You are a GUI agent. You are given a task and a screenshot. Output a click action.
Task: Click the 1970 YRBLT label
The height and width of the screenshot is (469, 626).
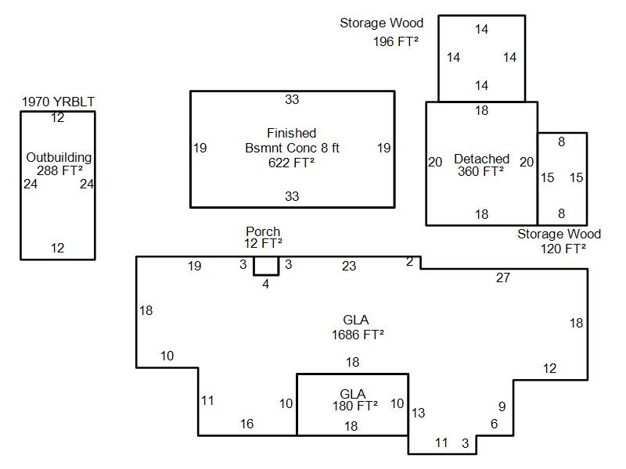pos(58,102)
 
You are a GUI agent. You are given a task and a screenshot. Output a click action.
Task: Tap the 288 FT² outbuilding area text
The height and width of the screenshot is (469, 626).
pos(59,170)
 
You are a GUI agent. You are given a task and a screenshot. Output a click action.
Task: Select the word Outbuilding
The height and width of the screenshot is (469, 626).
pos(59,157)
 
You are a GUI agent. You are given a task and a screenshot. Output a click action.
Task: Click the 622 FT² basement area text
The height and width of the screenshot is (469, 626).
pos(291,163)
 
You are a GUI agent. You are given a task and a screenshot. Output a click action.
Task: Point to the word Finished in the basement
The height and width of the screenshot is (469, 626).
pos(291,133)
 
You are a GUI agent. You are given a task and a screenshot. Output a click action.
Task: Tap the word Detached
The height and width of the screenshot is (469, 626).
pos(481,159)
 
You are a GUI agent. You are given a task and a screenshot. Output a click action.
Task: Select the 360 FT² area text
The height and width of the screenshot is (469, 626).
pos(481,171)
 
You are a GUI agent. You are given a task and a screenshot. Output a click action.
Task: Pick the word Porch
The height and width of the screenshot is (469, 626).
pos(263,231)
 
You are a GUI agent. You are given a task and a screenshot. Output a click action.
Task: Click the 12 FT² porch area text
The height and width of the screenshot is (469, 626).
pos(263,243)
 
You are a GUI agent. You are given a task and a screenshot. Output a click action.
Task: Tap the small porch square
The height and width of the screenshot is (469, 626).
pos(266,266)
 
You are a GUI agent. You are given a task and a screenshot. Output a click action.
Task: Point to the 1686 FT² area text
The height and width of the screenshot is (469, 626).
pos(357,335)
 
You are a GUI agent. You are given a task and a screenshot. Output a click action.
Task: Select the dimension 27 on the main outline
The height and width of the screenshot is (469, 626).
pos(503,277)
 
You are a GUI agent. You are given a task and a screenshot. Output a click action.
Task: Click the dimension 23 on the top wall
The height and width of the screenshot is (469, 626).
pos(349,266)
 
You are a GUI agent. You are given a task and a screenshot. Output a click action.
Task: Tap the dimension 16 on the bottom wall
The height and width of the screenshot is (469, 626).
pos(246,424)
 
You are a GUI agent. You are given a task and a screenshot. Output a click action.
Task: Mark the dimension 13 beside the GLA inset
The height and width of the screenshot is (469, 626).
pos(419,413)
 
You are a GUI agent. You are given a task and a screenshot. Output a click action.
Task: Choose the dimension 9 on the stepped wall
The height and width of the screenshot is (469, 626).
pos(502,406)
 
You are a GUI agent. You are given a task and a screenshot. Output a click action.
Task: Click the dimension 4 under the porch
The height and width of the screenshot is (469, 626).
pos(266,284)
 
